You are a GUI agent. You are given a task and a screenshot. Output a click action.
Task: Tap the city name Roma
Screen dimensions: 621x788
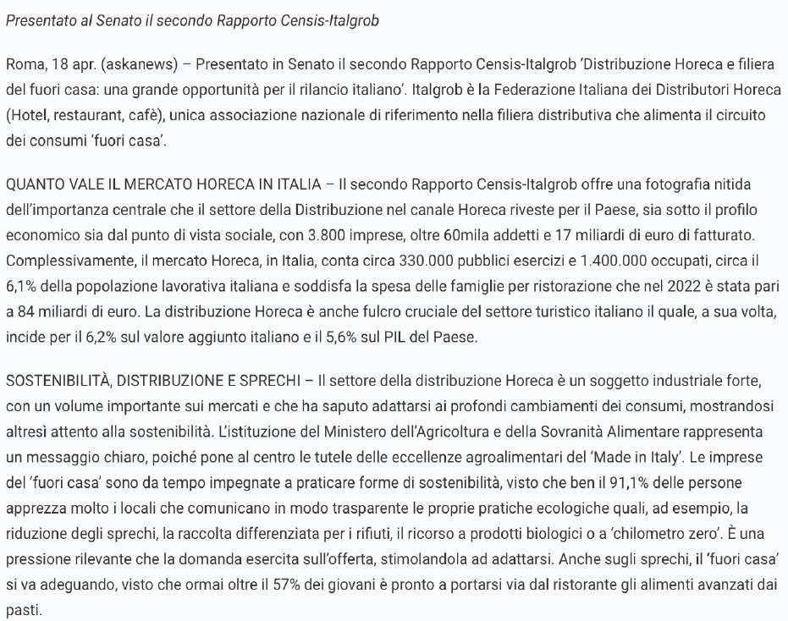[22, 64]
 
